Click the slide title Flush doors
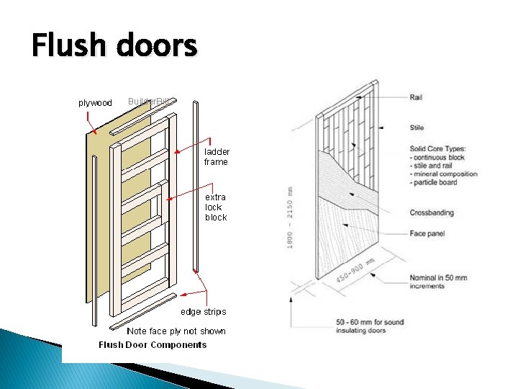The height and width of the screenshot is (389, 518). pos(114,47)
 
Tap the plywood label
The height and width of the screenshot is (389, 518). pos(95,103)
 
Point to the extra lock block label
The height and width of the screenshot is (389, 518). pos(216,207)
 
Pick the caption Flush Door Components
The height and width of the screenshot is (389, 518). pos(153,344)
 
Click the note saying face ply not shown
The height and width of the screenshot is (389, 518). pos(176,331)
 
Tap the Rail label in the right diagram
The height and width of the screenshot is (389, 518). pos(416,97)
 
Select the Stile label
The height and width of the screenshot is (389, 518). pos(417,128)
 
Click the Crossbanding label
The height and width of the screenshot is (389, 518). pos(432,213)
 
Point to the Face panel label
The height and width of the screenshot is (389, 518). pos(428,234)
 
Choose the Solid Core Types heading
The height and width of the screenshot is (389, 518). pos(440,148)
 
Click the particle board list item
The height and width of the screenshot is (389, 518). pos(435,182)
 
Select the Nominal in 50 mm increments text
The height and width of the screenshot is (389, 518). pos(438,282)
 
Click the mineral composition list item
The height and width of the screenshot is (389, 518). pos(445,174)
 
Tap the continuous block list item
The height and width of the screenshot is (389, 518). pos(439,157)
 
